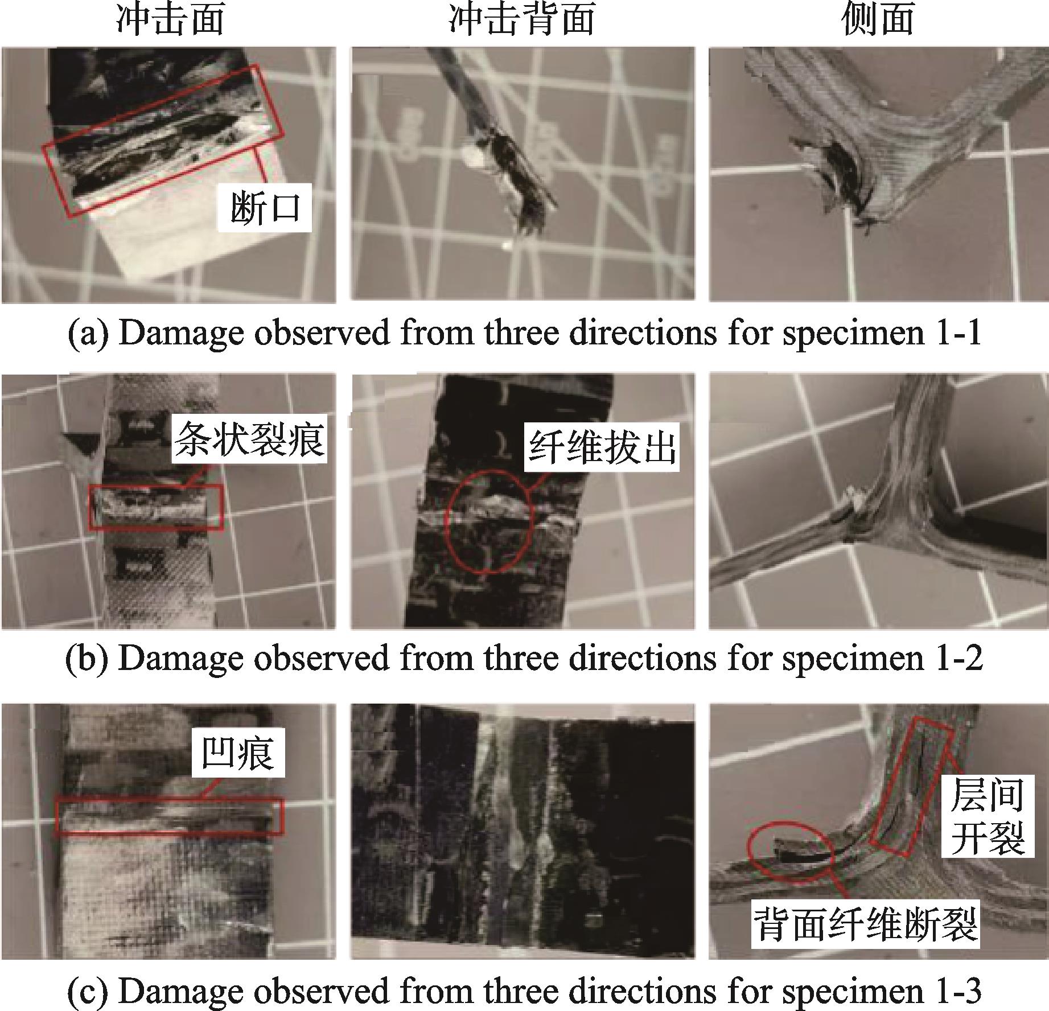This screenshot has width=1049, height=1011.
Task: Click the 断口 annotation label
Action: point(265,208)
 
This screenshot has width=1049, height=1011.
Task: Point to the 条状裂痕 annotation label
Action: point(249,440)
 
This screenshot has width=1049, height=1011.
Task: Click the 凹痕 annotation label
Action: point(237,753)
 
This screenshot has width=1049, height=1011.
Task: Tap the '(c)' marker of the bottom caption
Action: point(87,991)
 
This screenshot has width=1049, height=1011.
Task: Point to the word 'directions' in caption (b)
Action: point(643,658)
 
